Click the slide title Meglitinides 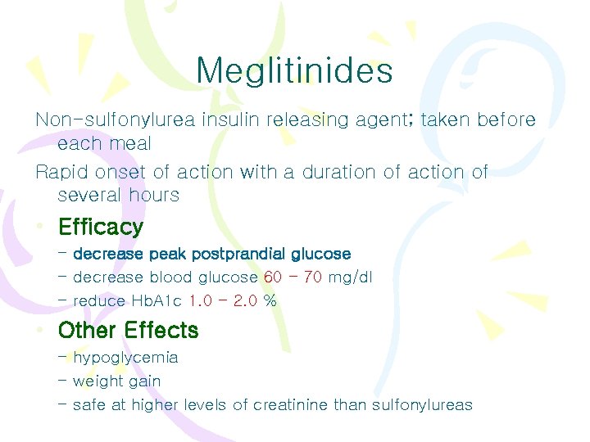pyautogui.click(x=294, y=70)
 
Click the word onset pyautogui.click(x=122, y=172)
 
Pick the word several pyautogui.click(x=90, y=195)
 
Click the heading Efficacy pyautogui.click(x=100, y=227)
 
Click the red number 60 pyautogui.click(x=273, y=277)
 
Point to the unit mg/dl pyautogui.click(x=350, y=277)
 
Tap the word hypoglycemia pyautogui.click(x=125, y=359)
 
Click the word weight pyautogui.click(x=95, y=381)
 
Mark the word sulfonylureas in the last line pyautogui.click(x=422, y=404)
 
